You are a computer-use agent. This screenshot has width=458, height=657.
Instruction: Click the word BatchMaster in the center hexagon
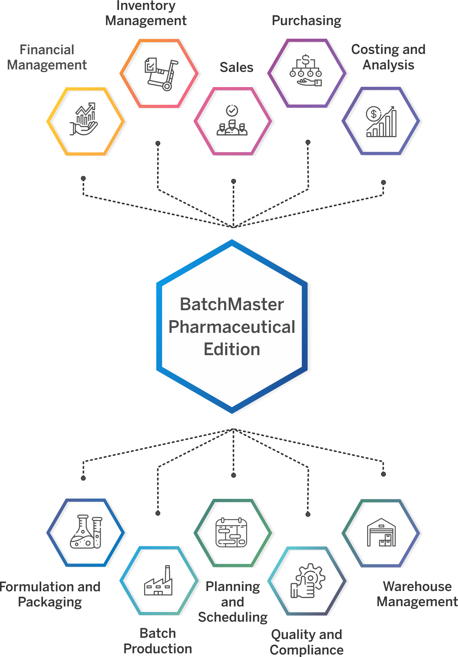(x=232, y=304)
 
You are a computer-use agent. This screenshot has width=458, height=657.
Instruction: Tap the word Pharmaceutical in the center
(x=232, y=327)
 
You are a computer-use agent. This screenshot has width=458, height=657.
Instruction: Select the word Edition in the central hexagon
(x=232, y=349)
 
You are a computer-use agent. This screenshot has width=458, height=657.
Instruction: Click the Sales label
(x=236, y=67)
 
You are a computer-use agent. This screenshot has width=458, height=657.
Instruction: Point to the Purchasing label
(x=306, y=20)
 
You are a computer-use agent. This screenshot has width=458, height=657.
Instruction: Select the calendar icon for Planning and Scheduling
(x=231, y=532)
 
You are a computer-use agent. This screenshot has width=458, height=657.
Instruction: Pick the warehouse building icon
(x=381, y=532)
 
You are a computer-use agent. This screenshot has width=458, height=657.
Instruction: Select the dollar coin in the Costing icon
(x=373, y=114)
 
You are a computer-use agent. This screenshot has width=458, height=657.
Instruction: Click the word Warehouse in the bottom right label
(x=417, y=586)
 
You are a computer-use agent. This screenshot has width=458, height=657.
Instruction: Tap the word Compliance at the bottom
(x=306, y=650)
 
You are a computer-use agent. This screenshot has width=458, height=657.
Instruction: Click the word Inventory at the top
(x=146, y=6)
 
